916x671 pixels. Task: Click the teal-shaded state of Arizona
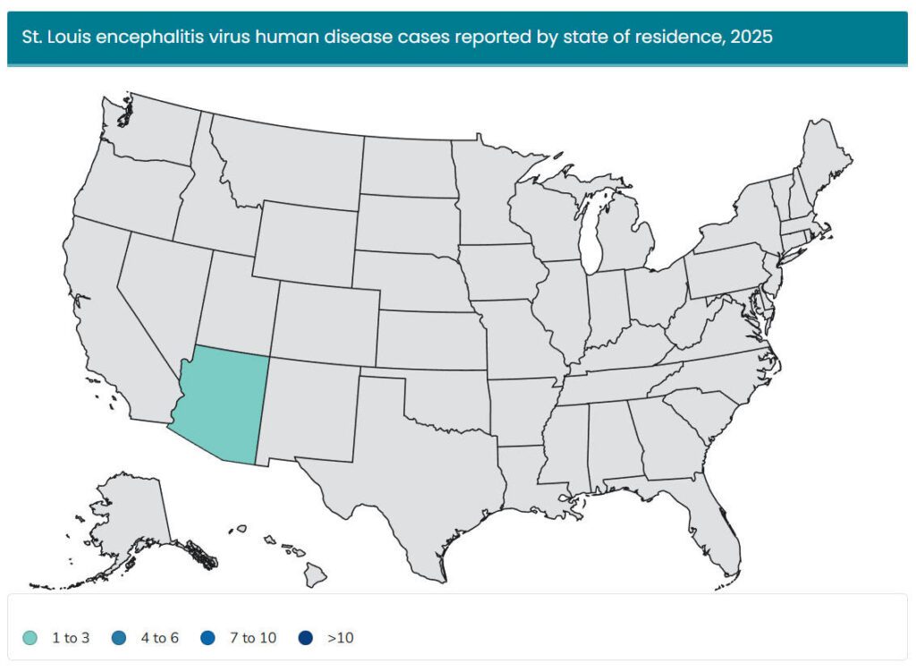219,403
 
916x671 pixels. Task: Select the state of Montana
286,161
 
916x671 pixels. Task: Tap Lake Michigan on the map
590,233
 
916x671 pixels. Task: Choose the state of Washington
152,134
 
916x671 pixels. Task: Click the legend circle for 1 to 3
30,638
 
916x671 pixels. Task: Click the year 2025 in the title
751,38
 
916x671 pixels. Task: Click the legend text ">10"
340,638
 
